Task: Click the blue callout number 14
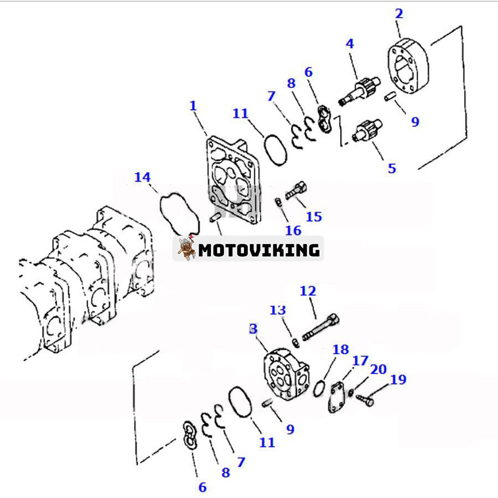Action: (142, 177)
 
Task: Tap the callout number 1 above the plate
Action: (193, 105)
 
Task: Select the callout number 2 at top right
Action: (400, 14)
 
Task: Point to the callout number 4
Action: (350, 44)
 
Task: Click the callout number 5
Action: (392, 168)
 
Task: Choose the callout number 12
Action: (308, 290)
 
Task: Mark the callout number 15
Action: (314, 216)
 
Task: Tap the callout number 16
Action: (293, 230)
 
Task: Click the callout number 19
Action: (398, 380)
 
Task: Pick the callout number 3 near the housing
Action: (253, 329)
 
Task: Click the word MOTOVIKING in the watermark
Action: (259, 250)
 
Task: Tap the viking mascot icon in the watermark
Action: (185, 249)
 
